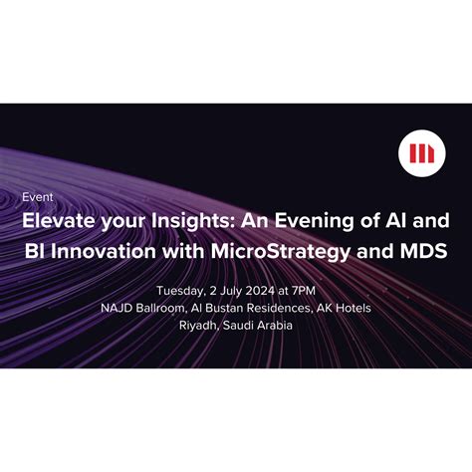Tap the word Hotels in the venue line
352,308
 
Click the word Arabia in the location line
273,325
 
